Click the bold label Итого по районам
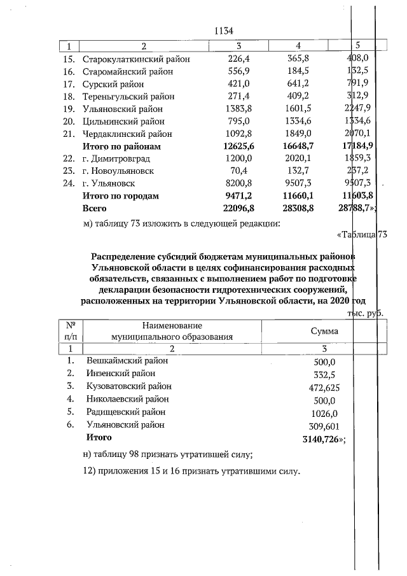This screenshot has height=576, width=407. [x=121, y=146]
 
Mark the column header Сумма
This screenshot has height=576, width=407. [x=324, y=332]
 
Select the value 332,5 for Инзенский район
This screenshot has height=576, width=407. [x=324, y=374]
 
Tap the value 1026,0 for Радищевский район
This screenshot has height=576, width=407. [x=324, y=412]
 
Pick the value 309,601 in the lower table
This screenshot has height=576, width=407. [x=324, y=425]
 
